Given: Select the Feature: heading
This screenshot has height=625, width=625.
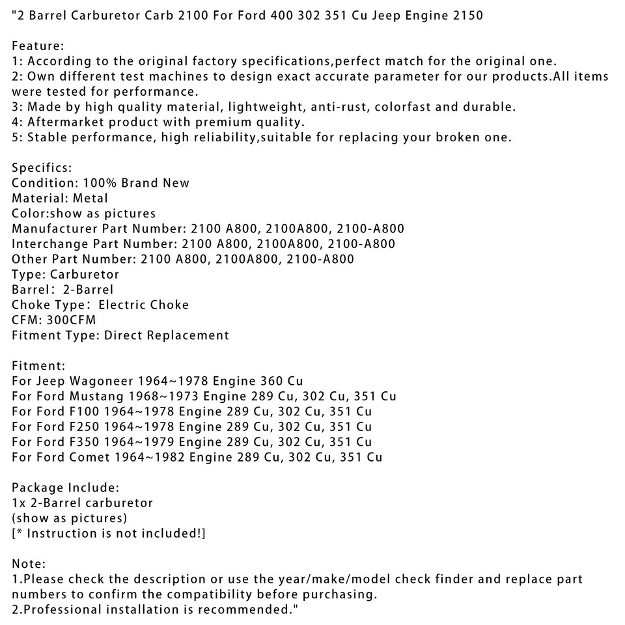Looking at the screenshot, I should [38, 46].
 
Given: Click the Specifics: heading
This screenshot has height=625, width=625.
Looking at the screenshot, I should [42, 168].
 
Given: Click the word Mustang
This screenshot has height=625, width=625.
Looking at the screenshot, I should [98, 396].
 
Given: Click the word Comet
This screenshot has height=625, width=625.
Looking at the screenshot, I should [90, 457].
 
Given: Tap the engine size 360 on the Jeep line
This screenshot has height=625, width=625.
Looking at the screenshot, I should [271, 381].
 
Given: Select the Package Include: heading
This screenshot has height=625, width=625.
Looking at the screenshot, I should [65, 488].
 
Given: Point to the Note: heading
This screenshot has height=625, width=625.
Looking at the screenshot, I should [29, 564].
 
